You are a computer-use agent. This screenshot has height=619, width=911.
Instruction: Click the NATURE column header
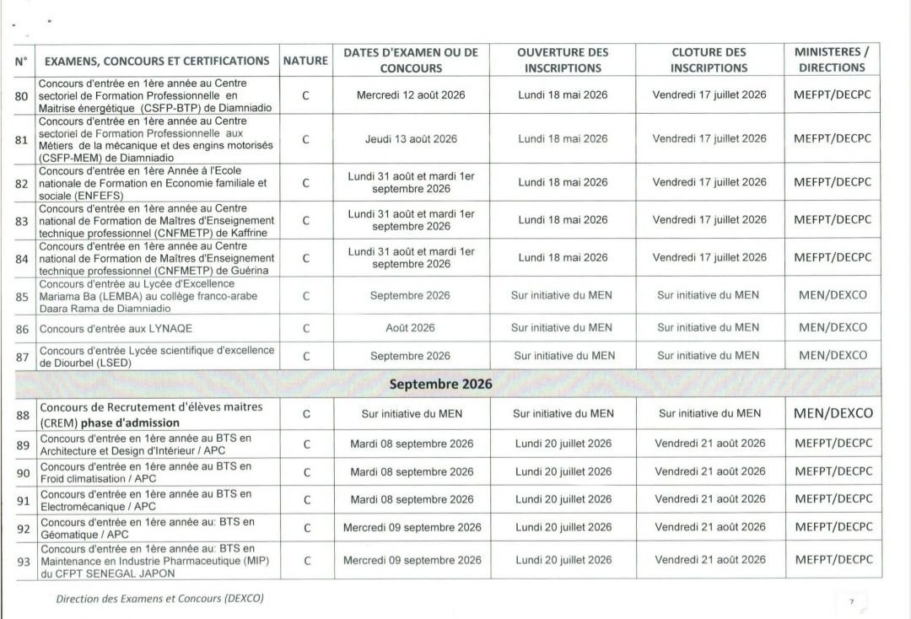[305, 61]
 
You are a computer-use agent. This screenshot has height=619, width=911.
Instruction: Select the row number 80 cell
[22, 95]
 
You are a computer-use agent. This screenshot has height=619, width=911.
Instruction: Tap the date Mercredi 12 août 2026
[411, 95]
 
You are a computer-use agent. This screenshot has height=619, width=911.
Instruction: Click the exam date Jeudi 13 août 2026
[411, 139]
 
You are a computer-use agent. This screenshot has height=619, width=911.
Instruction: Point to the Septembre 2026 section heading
[440, 384]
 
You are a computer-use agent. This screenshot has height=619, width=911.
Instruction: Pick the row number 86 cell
[22, 328]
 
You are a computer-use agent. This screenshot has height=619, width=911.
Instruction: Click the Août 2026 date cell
[411, 328]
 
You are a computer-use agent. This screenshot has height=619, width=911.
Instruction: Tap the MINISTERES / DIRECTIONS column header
[832, 60]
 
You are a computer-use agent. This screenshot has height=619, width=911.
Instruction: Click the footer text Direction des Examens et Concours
[159, 599]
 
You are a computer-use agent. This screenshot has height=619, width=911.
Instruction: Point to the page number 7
[851, 601]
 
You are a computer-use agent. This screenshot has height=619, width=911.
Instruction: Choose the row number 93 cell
[23, 561]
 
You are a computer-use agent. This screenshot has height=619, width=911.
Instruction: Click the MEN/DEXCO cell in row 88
[832, 413]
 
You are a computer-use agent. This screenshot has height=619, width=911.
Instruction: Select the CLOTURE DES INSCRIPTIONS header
[709, 60]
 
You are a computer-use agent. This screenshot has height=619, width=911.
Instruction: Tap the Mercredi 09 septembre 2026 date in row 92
[412, 528]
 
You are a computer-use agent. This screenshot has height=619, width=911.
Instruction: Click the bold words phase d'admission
[130, 423]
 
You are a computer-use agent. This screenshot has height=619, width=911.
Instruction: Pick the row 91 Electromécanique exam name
[145, 499]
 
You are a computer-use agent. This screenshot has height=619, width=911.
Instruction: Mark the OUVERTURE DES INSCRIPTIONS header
[563, 60]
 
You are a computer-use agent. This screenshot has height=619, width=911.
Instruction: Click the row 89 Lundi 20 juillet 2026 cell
[563, 444]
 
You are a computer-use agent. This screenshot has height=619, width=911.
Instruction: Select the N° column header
[22, 61]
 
